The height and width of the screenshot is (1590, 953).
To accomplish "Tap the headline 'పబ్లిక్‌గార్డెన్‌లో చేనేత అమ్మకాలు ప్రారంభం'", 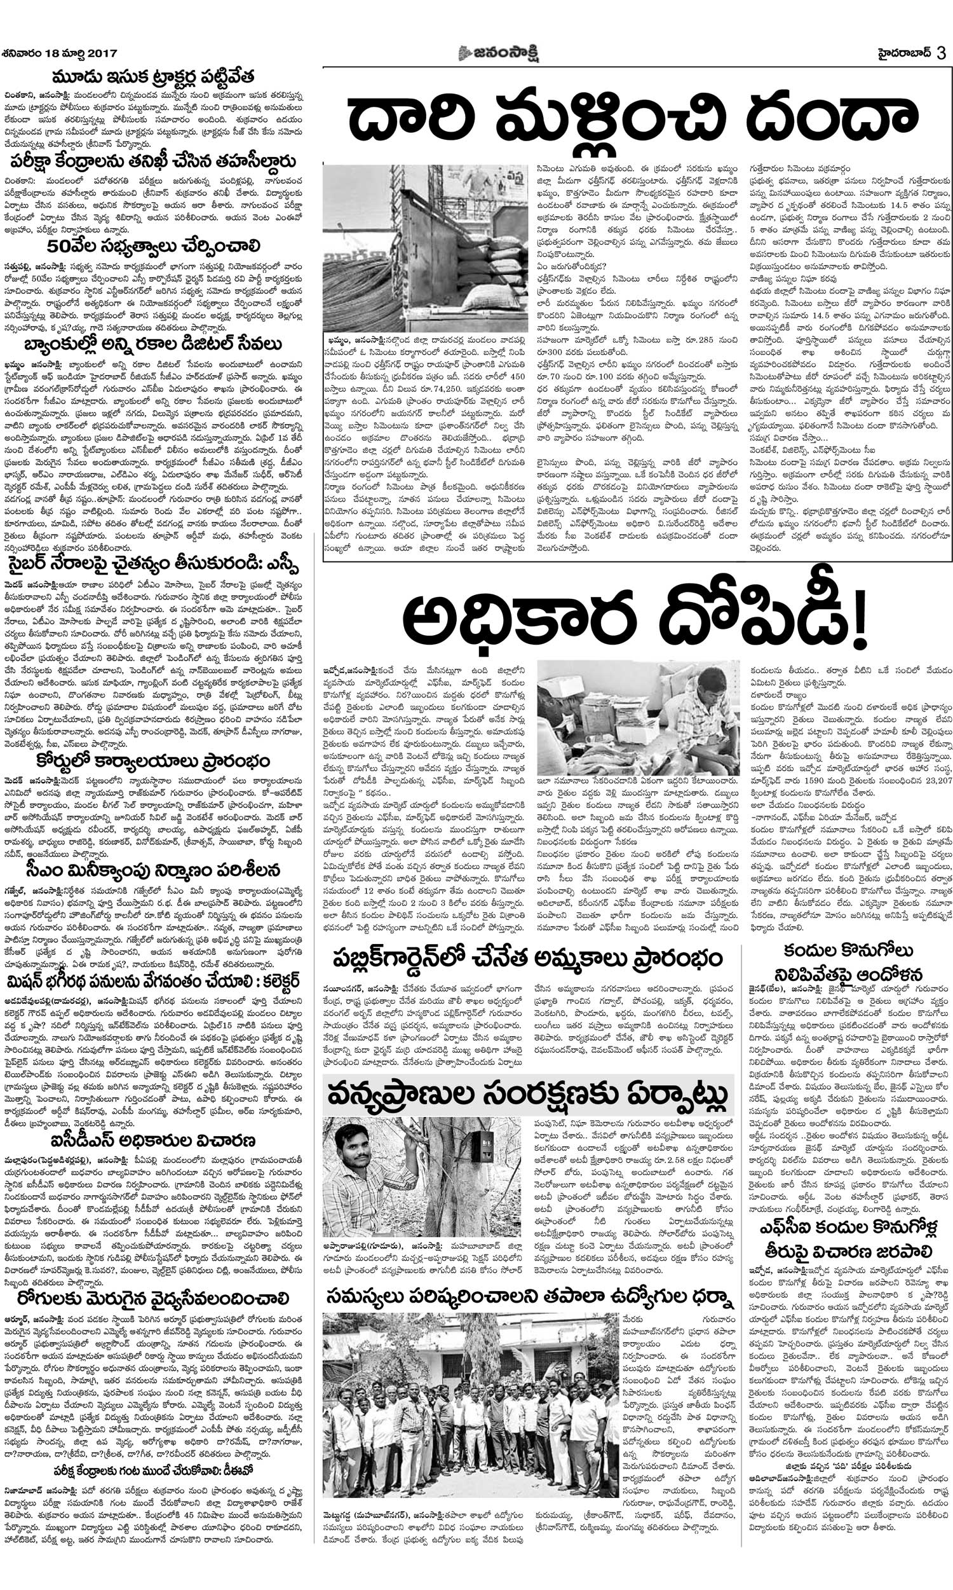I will pyautogui.click(x=528, y=959).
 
